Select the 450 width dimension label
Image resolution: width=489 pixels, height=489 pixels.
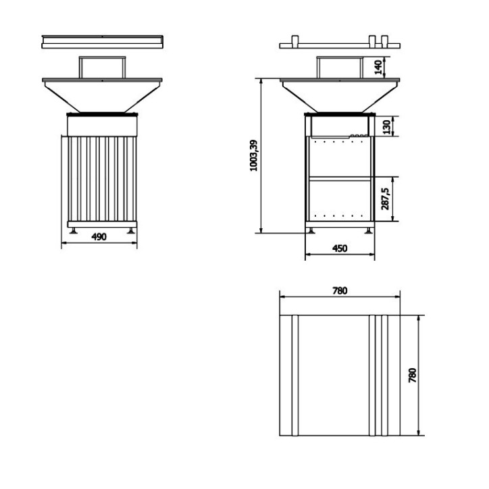[x=339, y=249]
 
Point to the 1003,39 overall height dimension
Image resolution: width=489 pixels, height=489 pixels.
[x=253, y=155]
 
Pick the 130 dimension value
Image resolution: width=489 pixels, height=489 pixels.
[x=385, y=126]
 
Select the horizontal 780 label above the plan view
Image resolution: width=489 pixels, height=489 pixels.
[x=339, y=290]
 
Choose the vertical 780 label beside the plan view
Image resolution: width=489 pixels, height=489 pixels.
[x=413, y=374]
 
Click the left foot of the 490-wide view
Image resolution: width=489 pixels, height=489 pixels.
[x=72, y=230]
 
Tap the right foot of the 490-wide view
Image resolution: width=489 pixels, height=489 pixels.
[x=130, y=230]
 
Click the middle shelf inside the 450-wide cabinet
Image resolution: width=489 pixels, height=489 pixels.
[x=339, y=178]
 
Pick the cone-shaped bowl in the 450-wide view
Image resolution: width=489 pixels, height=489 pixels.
[x=339, y=95]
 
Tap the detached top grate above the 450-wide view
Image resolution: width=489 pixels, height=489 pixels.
[x=339, y=45]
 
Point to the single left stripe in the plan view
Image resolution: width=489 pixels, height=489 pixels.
[x=294, y=375]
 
